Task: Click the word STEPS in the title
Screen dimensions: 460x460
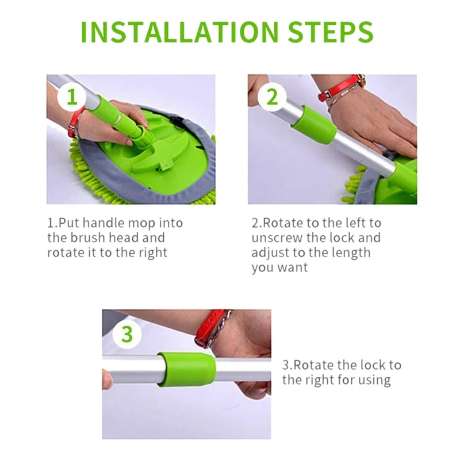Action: pyautogui.click(x=330, y=32)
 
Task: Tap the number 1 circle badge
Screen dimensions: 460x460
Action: pyautogui.click(x=72, y=97)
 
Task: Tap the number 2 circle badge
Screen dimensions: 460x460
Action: pyautogui.click(x=272, y=97)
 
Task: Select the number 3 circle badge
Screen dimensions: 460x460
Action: pyautogui.click(x=127, y=334)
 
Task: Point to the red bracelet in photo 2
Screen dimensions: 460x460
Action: pyautogui.click(x=340, y=89)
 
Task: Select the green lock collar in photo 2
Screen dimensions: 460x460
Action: pyautogui.click(x=313, y=124)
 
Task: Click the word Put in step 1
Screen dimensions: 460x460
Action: pyautogui.click(x=69, y=223)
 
